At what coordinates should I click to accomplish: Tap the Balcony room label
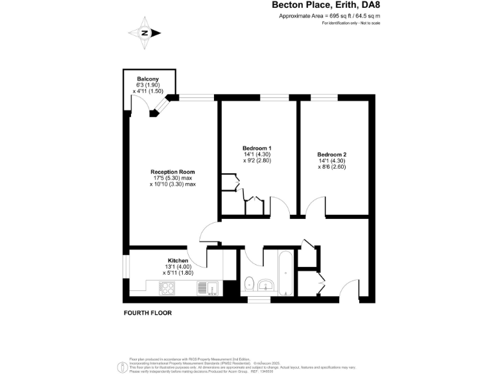(x=143, y=79)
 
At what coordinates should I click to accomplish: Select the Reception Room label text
(x=172, y=172)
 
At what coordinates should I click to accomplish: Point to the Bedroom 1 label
(x=257, y=148)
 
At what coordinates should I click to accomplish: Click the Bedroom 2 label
(x=331, y=155)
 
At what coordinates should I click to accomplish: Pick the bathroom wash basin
(x=267, y=284)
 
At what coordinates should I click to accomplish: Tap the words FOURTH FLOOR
(x=148, y=313)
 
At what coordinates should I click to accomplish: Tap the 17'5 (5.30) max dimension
(x=172, y=178)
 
